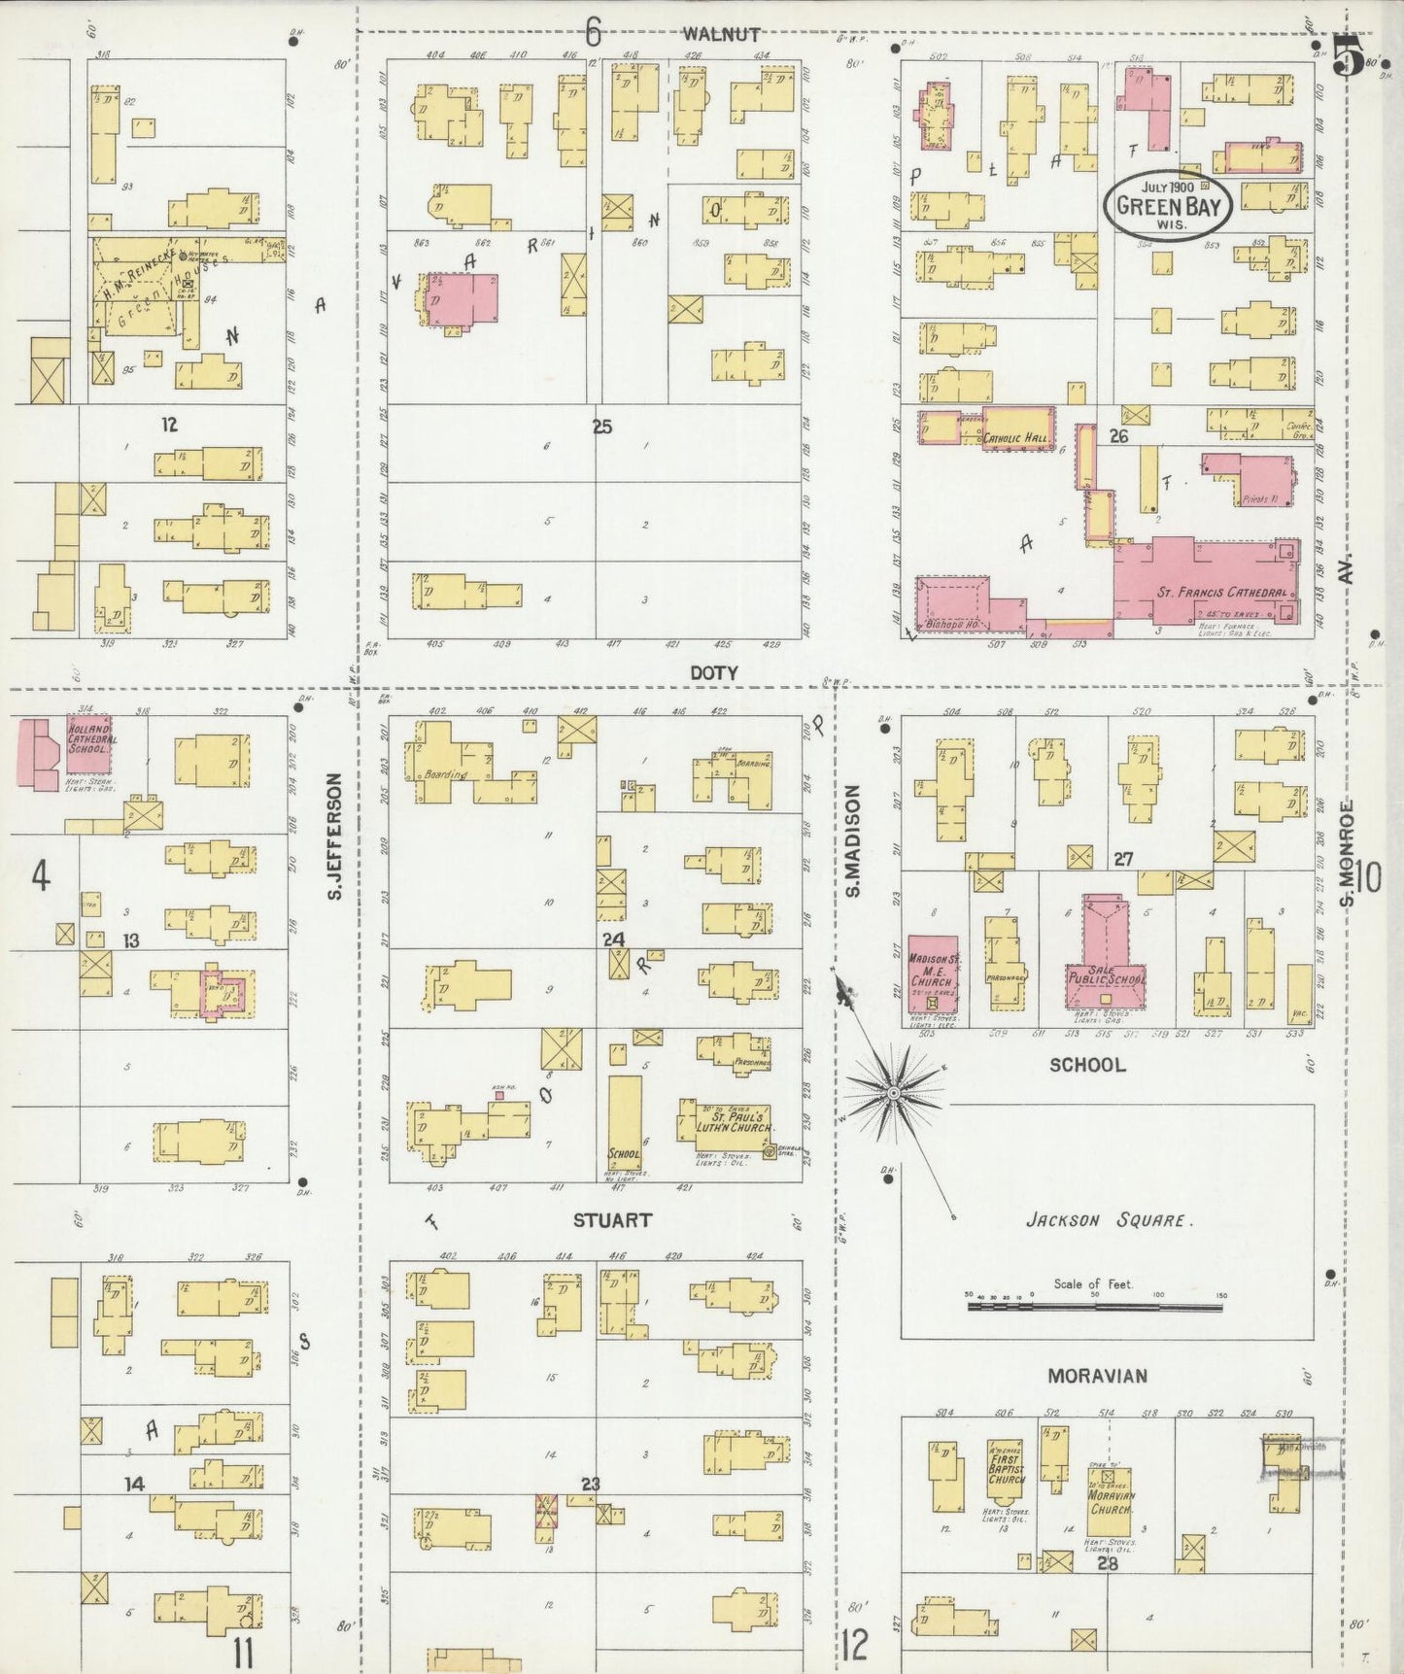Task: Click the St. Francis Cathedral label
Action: [x=1221, y=592]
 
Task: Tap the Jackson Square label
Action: [x=1107, y=1220]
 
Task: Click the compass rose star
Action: [x=892, y=1094]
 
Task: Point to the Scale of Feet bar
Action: [x=1094, y=1307]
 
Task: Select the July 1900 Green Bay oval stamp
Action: [x=1172, y=204]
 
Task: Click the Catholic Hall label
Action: [x=1016, y=439]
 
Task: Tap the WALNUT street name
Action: [x=721, y=34]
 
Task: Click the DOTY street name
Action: [x=714, y=672]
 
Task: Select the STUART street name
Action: [x=612, y=1219]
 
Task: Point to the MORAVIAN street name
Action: [x=1097, y=1376]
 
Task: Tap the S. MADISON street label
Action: [x=852, y=841]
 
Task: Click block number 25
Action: [x=602, y=426]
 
